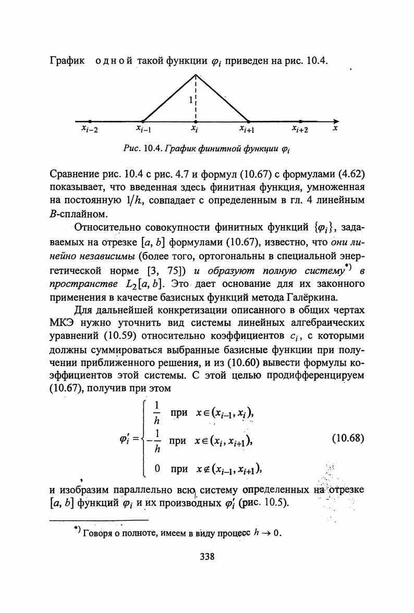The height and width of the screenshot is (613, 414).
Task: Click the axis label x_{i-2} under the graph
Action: click(90, 129)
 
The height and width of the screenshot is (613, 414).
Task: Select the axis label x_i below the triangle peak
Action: click(194, 129)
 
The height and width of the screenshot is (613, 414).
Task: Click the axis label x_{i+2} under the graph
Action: click(300, 129)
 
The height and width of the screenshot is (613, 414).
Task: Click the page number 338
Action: click(207, 557)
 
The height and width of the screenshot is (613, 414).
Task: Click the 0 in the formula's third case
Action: click(157, 468)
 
